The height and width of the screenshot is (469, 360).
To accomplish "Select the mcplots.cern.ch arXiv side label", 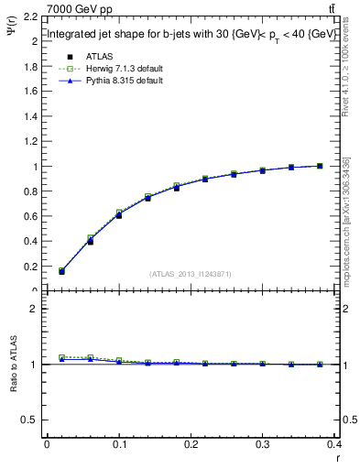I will coord(345,220).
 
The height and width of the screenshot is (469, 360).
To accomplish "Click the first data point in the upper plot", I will coord(61,271).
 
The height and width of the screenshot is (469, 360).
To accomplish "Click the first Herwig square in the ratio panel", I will coord(61,357).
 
